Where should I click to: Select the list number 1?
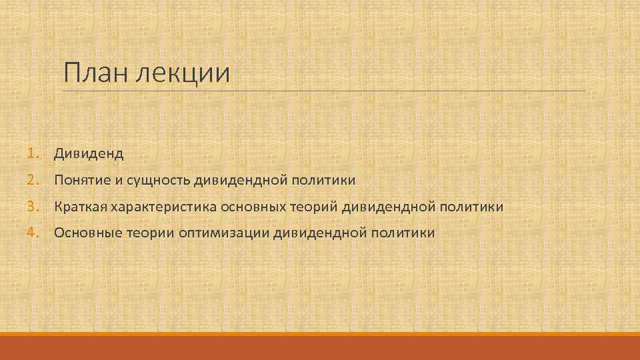[33, 154]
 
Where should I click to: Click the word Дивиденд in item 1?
[89, 154]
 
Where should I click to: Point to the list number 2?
[33, 180]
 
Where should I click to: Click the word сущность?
[158, 181]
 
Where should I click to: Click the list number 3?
[33, 207]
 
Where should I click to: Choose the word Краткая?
[81, 207]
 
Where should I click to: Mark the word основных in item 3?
[253, 207]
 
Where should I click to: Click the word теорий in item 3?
[315, 207]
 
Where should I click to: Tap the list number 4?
[33, 233]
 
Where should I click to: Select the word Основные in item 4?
[84, 233]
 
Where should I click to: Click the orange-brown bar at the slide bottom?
[320, 347]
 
